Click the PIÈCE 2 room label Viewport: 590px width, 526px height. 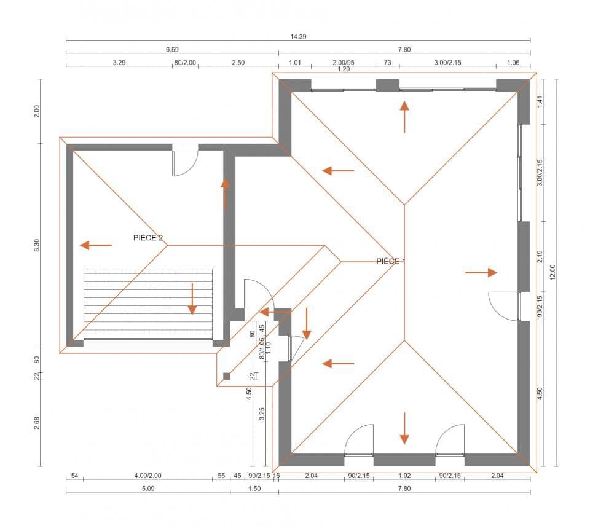pyautogui.click(x=147, y=237)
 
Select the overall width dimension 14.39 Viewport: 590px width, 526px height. pyautogui.click(x=298, y=37)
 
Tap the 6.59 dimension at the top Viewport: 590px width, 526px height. pyautogui.click(x=171, y=49)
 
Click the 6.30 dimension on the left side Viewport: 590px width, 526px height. pyautogui.click(x=37, y=245)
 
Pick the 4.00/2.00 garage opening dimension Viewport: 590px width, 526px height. pyautogui.click(x=147, y=476)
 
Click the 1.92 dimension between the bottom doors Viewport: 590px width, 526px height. pyautogui.click(x=404, y=476)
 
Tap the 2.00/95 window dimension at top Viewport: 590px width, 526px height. pyautogui.click(x=344, y=62)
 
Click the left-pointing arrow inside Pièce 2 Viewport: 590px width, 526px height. pyautogui.click(x=96, y=245)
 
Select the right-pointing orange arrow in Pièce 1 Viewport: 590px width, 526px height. pyautogui.click(x=481, y=272)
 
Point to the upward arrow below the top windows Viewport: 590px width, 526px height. pyautogui.click(x=404, y=117)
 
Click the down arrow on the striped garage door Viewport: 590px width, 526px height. pyautogui.click(x=192, y=299)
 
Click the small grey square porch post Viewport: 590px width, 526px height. pyautogui.click(x=227, y=376)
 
